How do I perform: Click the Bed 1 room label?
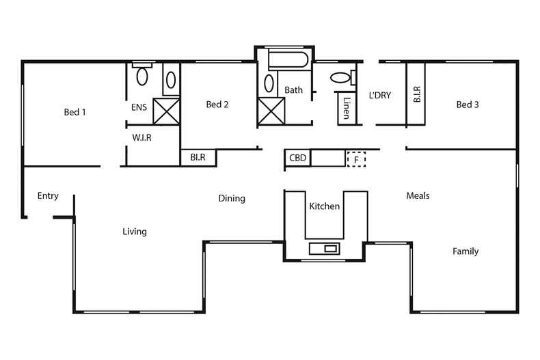pyautogui.click(x=75, y=112)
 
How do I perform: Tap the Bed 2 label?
pyautogui.click(x=217, y=105)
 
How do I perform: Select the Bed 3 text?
pyautogui.click(x=467, y=105)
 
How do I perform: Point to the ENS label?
pyautogui.click(x=139, y=107)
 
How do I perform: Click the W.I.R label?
pyautogui.click(x=141, y=137)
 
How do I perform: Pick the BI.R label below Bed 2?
pyautogui.click(x=198, y=158)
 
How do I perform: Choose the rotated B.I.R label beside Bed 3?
pyautogui.click(x=416, y=94)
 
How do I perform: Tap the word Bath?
pyautogui.click(x=293, y=89)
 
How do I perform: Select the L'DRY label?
pyautogui.click(x=379, y=95)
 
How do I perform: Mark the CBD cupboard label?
pyautogui.click(x=297, y=158)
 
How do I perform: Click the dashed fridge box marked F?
pyautogui.click(x=355, y=159)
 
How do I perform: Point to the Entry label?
pyautogui.click(x=48, y=196)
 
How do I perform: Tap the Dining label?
pyautogui.click(x=232, y=199)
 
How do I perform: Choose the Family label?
pyautogui.click(x=465, y=251)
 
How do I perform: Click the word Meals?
pyautogui.click(x=418, y=195)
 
